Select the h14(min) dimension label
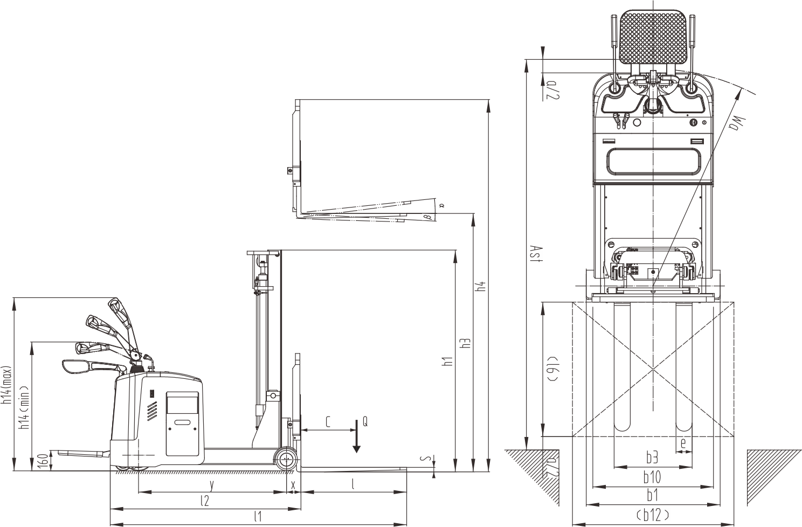pos(24,407)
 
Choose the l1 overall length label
pos(258,517)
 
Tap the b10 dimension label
pos(652,477)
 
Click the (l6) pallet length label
pos(552,368)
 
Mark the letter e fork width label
pos(683,443)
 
